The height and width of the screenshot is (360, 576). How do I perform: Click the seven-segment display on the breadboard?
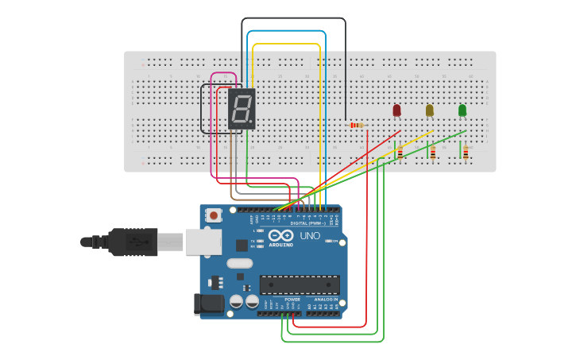pos(242,109)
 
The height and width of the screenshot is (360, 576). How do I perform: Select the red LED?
pos(396,110)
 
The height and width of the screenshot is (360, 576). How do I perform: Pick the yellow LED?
pos(429,110)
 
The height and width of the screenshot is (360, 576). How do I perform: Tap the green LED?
pos(462,110)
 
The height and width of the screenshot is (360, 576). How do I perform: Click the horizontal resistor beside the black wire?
pos(355,126)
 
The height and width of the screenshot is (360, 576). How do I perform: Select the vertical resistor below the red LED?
pos(400,152)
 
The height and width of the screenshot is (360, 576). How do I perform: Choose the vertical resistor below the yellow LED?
pos(432,152)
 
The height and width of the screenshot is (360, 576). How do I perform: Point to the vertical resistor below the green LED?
pos(466,152)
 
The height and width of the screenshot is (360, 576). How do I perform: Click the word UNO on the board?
pos(310,236)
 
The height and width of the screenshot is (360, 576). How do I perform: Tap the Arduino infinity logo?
pos(280,235)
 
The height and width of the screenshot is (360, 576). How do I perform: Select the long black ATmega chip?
pos(300,285)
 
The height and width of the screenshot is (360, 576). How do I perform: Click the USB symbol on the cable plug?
pos(143,242)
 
